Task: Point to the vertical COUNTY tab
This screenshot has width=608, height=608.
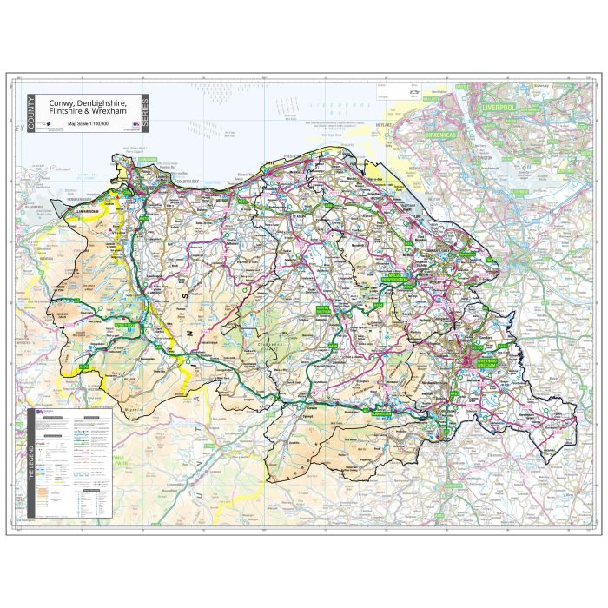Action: point(30,113)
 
